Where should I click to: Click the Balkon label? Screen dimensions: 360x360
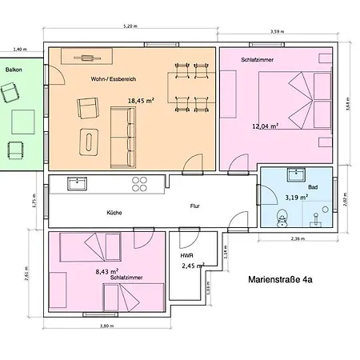pyautogui.click(x=13, y=70)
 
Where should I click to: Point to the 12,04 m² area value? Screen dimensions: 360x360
pyautogui.click(x=265, y=126)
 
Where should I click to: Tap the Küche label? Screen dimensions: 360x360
pyautogui.click(x=114, y=213)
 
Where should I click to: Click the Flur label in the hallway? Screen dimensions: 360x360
pyautogui.click(x=194, y=205)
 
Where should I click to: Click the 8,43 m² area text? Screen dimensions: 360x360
pyautogui.click(x=106, y=271)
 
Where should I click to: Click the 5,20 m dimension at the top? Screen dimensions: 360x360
pyautogui.click(x=131, y=26)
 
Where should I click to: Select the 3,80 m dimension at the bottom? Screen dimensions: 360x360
pyautogui.click(x=107, y=327)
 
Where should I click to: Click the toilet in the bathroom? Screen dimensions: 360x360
pyautogui.click(x=282, y=218)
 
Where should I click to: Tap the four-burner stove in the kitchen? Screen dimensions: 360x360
pyautogui.click(x=139, y=184)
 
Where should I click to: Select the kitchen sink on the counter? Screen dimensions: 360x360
pyautogui.click(x=77, y=183)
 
